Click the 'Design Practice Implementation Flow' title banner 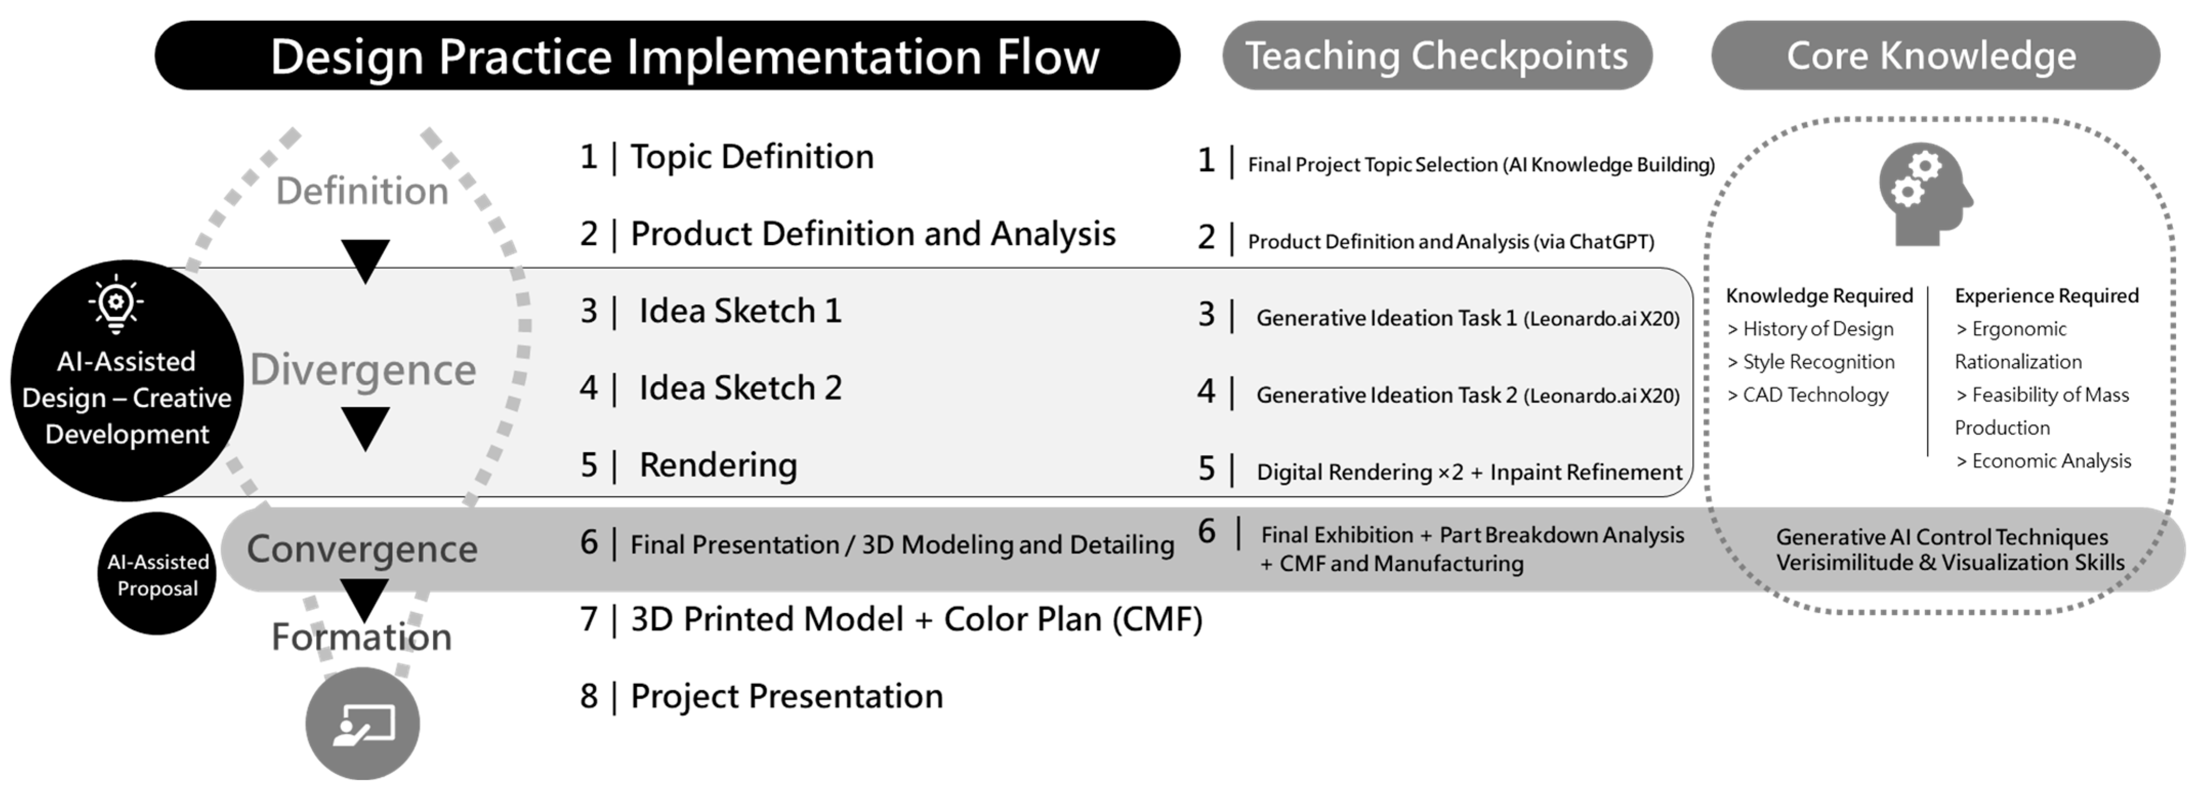tap(667, 55)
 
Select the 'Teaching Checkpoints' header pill tap(1437, 55)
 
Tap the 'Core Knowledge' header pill tap(1935, 55)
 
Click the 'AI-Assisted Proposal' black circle tap(157, 573)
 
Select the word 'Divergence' tap(363, 369)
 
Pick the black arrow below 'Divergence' tap(365, 428)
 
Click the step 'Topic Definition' tap(752, 157)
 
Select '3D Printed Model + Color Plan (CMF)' tap(916, 619)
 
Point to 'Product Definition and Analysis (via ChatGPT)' tap(1451, 241)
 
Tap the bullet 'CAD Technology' tap(1807, 395)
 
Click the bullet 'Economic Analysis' tap(2043, 461)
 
